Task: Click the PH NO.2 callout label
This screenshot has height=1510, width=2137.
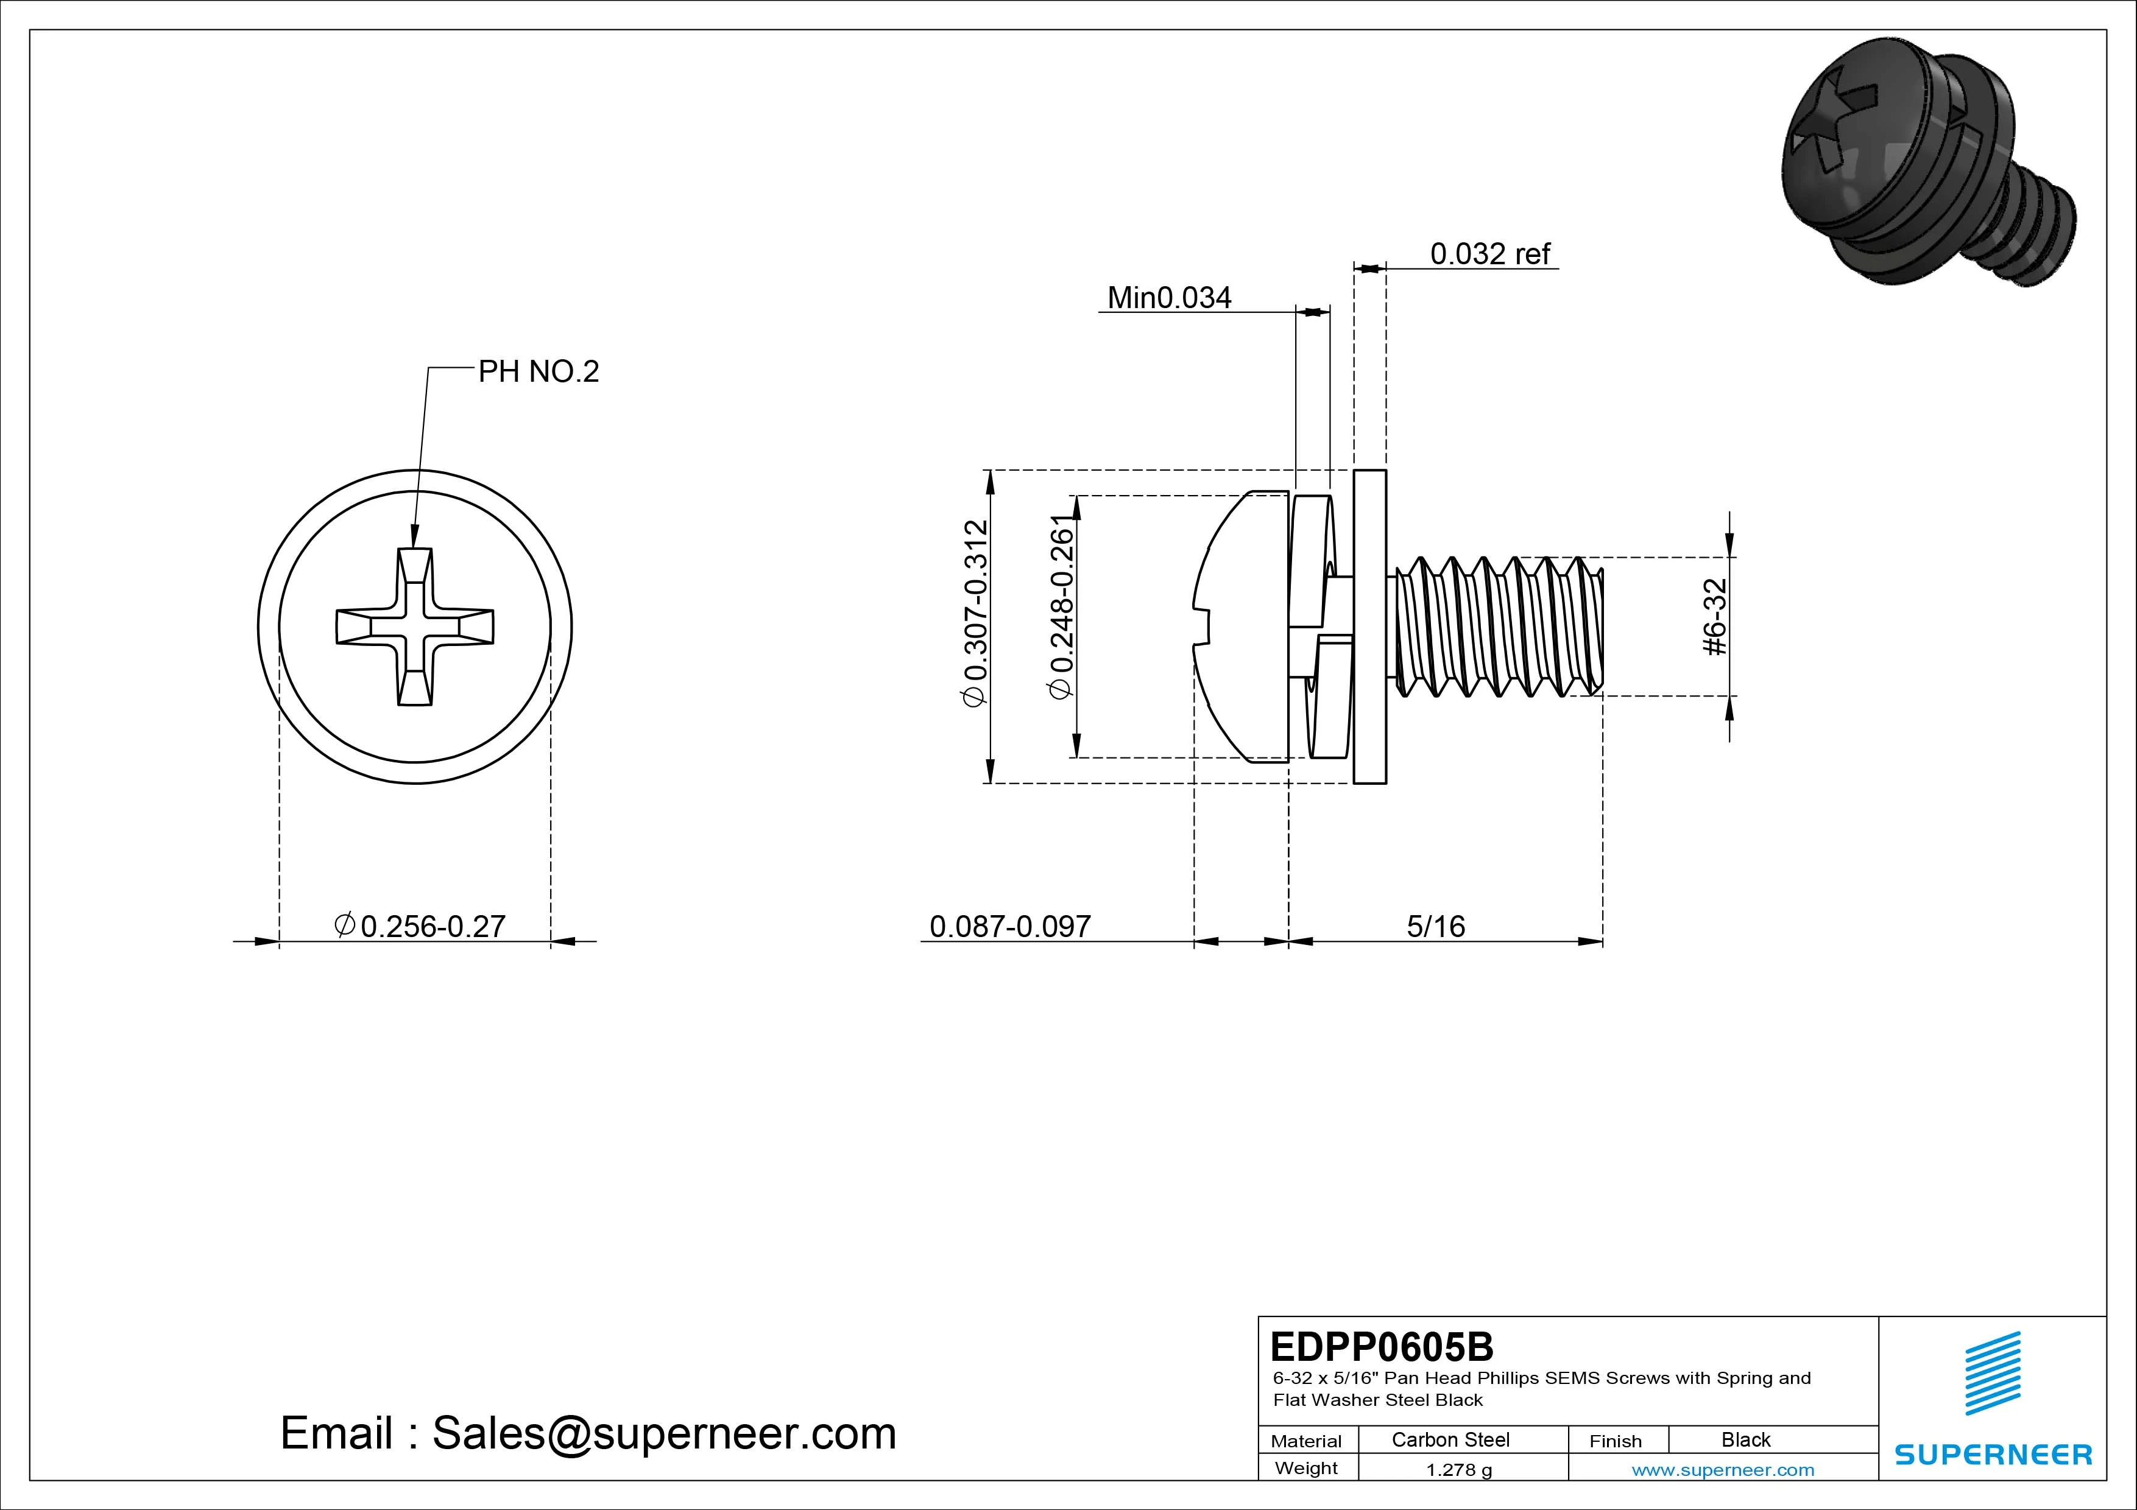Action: point(538,372)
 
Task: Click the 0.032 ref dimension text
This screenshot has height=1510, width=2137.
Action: point(1489,254)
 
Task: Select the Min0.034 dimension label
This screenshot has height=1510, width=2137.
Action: point(1169,298)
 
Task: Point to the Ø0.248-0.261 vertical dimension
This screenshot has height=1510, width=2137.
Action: point(1061,606)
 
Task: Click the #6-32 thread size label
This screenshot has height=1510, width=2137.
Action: point(1715,616)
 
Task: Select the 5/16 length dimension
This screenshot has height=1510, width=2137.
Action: point(1435,927)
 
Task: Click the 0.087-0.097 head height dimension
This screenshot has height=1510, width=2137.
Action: point(1010,927)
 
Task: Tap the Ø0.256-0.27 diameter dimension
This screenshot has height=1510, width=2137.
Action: point(421,927)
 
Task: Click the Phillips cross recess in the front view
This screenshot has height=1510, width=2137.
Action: point(414,626)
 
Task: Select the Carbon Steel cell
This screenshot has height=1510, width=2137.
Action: point(1450,1439)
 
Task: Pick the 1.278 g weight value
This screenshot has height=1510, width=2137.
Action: point(1458,1470)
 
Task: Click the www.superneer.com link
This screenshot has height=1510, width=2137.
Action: point(1723,1470)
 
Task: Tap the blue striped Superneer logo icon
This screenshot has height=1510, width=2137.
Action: point(1992,1372)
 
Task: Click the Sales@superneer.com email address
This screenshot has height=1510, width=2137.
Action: point(663,1434)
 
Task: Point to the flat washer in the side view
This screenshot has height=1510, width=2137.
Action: point(1369,626)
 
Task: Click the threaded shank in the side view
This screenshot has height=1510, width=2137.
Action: point(1499,626)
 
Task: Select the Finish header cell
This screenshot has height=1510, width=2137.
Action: point(1616,1440)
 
